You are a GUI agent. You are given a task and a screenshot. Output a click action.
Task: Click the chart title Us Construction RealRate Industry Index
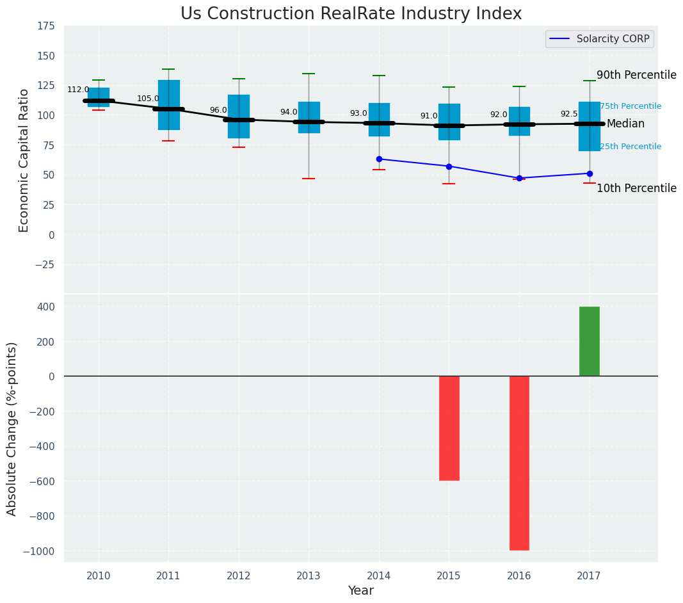pos(351,14)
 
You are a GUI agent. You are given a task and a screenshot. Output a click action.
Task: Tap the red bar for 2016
pos(519,463)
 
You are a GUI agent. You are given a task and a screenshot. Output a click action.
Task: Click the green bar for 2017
pos(590,341)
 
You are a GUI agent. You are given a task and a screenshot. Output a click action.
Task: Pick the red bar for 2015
pos(449,428)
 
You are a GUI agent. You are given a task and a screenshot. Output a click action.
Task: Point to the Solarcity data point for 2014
pos(379,159)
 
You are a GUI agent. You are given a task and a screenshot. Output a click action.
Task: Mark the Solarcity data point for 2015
pos(449,166)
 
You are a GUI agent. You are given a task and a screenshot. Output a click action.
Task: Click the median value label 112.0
pos(78,90)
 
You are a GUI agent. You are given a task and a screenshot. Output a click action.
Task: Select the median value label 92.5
pos(568,115)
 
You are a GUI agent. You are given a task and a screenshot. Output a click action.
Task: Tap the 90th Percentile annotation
pos(636,76)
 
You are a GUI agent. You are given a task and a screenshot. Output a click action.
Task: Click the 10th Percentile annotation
pos(636,188)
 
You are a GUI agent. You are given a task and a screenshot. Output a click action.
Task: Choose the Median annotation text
pos(625,124)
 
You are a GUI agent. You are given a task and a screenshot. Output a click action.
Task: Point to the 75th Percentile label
pos(631,106)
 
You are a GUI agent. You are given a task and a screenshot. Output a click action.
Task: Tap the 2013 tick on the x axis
pos(309,576)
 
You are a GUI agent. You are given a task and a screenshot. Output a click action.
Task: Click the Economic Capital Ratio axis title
pos(24,160)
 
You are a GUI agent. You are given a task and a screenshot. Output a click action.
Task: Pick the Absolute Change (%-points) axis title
pos(12,428)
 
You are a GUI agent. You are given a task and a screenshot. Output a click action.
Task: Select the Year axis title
pos(360,591)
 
